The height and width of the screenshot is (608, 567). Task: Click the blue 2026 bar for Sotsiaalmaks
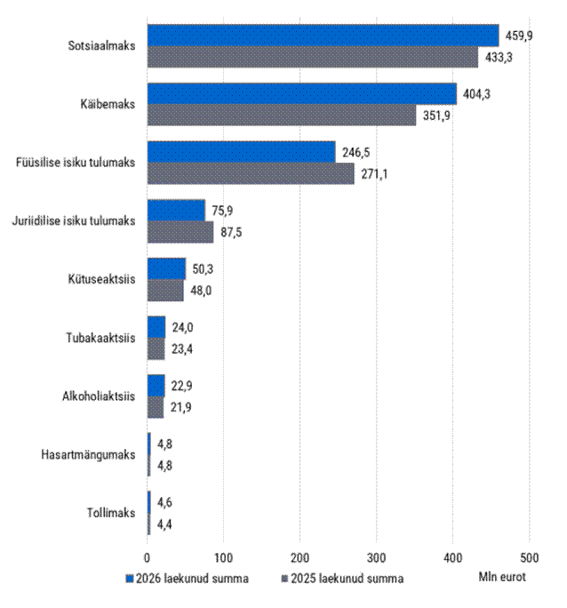click(323, 36)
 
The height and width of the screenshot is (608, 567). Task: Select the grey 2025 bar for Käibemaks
click(282, 115)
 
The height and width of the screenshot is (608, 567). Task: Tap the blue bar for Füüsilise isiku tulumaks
click(241, 152)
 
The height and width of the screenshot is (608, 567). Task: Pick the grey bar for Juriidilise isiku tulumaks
click(180, 232)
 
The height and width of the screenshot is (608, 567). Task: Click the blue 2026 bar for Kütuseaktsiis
click(166, 268)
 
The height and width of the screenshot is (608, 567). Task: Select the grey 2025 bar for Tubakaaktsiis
click(156, 348)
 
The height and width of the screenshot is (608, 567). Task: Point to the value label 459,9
click(519, 36)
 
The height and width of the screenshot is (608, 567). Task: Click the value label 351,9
click(436, 116)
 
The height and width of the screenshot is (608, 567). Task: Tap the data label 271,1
click(374, 174)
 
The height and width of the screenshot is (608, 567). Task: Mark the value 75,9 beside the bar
click(222, 211)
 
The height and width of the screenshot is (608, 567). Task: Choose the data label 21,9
click(181, 407)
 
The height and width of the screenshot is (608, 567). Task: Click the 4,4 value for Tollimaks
click(164, 524)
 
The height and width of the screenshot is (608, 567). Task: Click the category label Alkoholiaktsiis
click(99, 396)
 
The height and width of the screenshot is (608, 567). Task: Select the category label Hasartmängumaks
click(88, 454)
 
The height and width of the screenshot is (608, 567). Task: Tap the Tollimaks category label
click(111, 513)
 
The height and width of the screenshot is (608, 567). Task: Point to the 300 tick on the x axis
click(376, 557)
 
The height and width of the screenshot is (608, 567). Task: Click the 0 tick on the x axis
click(147, 557)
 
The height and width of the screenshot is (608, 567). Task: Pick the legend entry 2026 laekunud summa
click(188, 579)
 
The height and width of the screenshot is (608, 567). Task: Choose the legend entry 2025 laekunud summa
click(343, 579)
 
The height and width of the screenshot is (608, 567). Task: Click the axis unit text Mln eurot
click(502, 577)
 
